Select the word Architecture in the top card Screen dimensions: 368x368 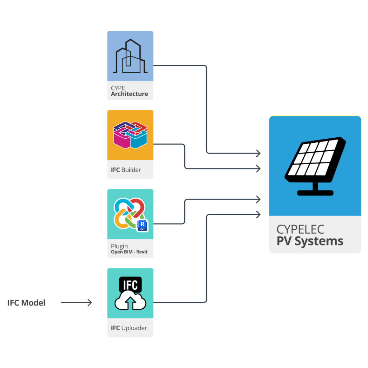129,94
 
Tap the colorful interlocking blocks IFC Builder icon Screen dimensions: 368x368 130,135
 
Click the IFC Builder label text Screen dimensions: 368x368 126,170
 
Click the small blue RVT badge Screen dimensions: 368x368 143,226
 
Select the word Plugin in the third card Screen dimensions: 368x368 119,246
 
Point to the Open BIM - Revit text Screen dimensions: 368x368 129,252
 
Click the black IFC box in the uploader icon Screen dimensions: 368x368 130,285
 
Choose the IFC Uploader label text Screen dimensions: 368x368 129,328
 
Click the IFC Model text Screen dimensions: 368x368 27,303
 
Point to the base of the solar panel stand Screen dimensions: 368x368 315,193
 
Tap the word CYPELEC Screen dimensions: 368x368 300,229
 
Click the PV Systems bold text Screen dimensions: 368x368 310,241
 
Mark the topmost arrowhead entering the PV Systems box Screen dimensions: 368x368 258,153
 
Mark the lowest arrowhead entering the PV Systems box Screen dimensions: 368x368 258,215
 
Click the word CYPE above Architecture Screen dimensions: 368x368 118,88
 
